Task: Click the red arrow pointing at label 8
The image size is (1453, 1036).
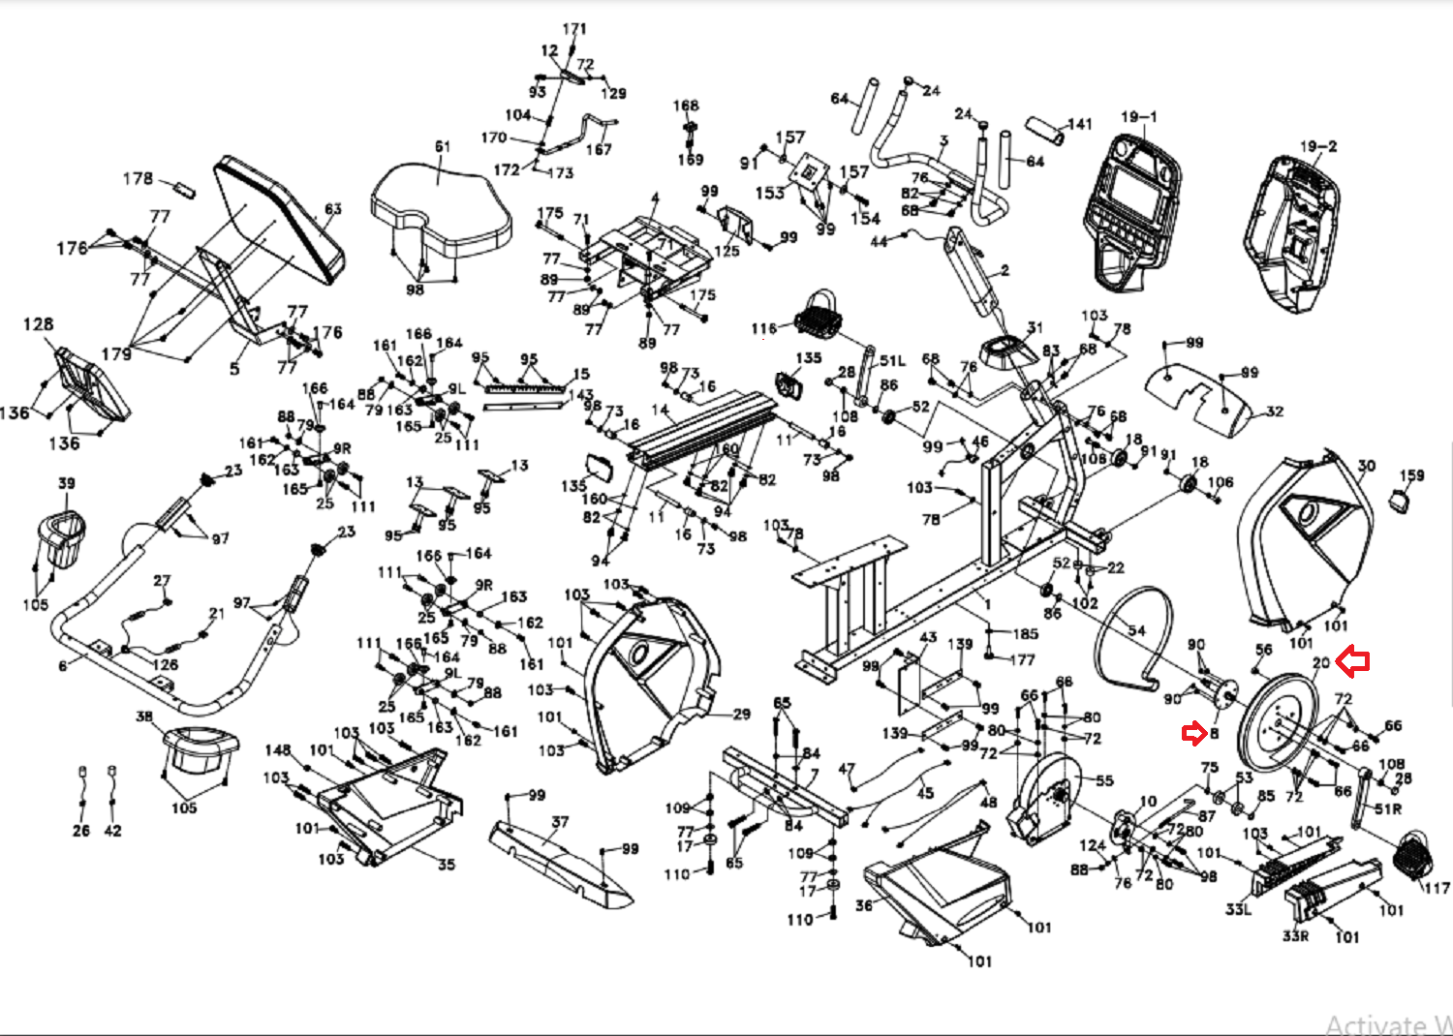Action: click(1193, 734)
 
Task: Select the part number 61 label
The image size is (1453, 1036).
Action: click(443, 147)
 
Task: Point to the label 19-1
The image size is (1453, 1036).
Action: click(1139, 117)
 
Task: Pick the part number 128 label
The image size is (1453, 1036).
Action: click(39, 324)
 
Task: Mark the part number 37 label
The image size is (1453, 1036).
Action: click(559, 822)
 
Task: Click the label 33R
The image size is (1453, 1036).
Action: click(1295, 936)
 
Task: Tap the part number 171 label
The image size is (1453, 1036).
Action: click(574, 29)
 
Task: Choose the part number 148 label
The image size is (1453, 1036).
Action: click(278, 750)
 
